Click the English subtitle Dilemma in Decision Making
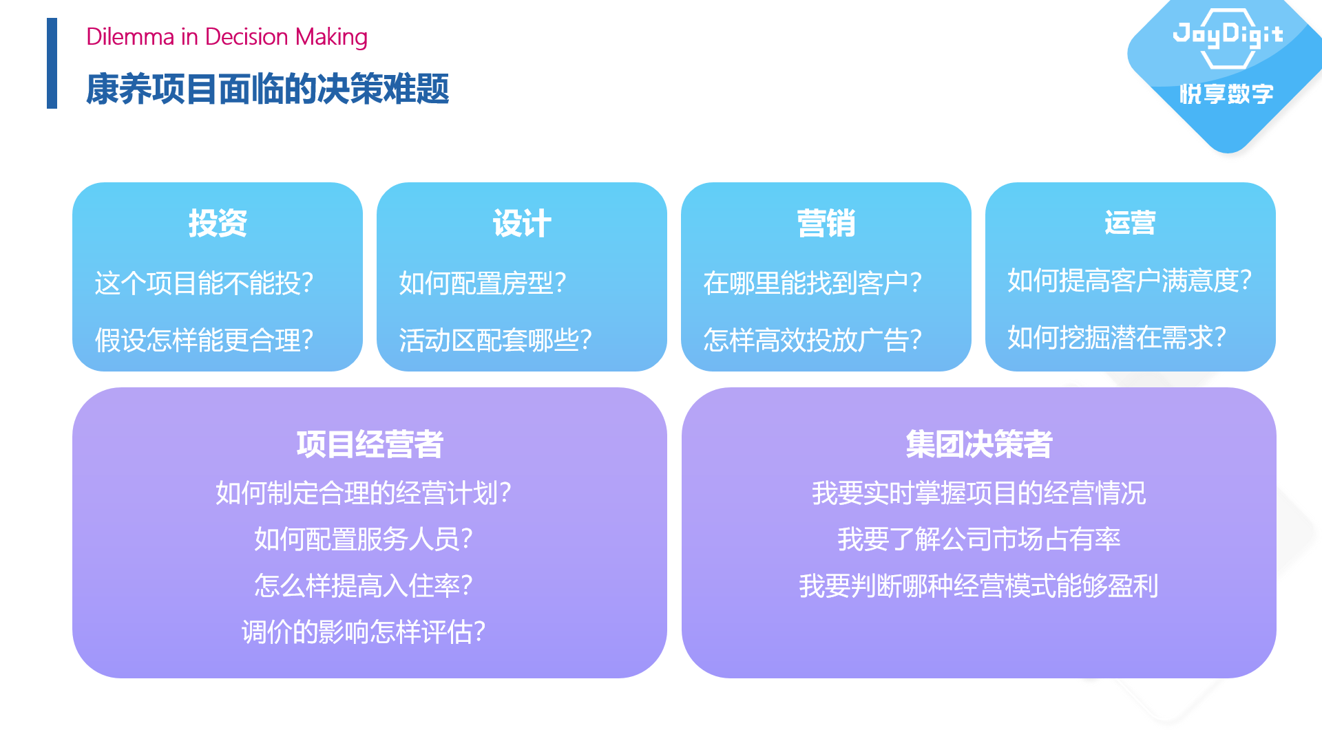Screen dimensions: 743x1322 point(227,36)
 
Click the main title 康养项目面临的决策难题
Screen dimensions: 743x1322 point(267,89)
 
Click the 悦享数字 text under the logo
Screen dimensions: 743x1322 point(1226,94)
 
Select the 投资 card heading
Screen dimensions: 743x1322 point(218,224)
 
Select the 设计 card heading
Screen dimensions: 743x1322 point(522,224)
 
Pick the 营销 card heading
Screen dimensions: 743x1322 point(826,224)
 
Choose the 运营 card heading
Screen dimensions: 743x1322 point(1130,223)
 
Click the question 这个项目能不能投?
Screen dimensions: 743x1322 point(204,283)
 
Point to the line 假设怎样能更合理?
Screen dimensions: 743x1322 point(204,340)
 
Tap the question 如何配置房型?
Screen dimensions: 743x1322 point(482,283)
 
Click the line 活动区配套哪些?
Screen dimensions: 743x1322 point(495,340)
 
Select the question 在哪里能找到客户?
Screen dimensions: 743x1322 point(812,283)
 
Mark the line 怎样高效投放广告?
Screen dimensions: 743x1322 point(812,340)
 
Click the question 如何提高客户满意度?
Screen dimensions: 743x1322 point(1129,280)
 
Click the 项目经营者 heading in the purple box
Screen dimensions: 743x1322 point(370,444)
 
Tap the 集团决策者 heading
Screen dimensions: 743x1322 point(978,444)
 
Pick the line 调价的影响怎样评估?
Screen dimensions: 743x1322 point(363,632)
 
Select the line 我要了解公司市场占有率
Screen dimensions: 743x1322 point(978,539)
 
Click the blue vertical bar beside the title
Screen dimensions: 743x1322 point(52,63)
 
